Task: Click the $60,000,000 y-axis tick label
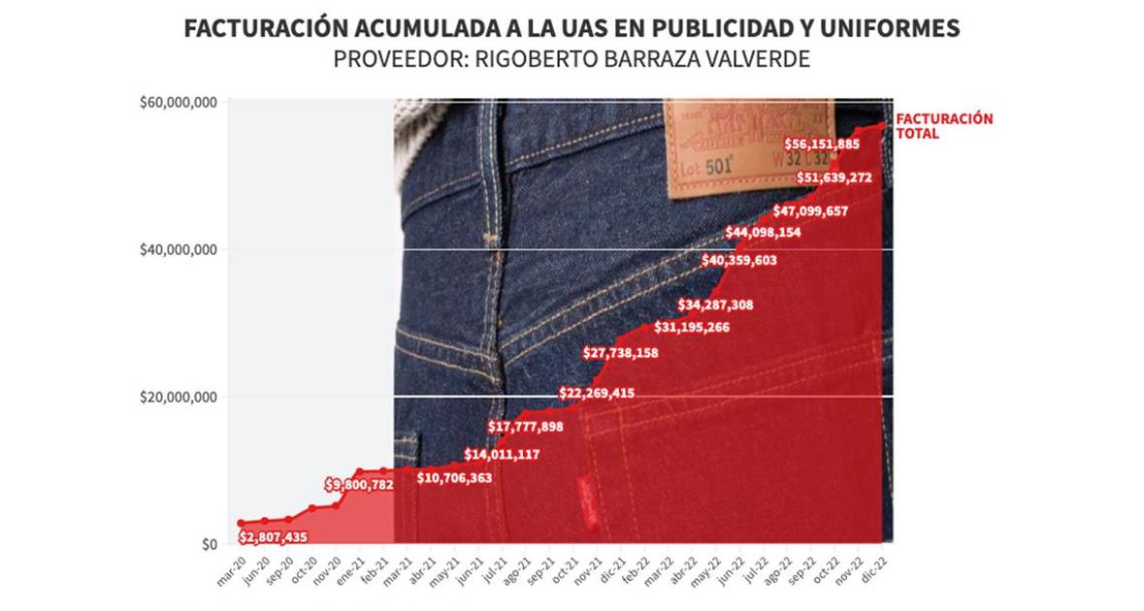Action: (x=180, y=102)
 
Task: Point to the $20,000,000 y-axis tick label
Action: (x=180, y=397)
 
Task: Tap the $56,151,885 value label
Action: (x=822, y=145)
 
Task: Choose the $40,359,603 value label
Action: (x=739, y=260)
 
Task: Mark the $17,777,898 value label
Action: (x=525, y=427)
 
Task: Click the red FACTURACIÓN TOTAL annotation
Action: (x=931, y=126)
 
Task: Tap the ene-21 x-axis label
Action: (x=348, y=572)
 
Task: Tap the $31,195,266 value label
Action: (x=692, y=327)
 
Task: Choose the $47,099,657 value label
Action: (x=811, y=211)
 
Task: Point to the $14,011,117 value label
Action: (x=502, y=454)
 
